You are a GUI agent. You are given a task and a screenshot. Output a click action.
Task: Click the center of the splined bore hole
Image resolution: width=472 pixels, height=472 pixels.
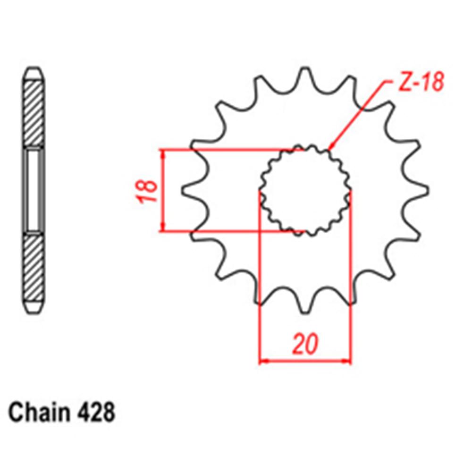pos(305,190)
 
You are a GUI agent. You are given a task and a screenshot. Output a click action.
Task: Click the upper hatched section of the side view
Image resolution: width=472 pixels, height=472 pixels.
pos(34,113)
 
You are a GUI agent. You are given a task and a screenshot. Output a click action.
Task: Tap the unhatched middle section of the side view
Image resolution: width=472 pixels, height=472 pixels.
pos(34,190)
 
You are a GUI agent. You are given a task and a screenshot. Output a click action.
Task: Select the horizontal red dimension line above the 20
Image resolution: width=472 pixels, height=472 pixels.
pos(305,362)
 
